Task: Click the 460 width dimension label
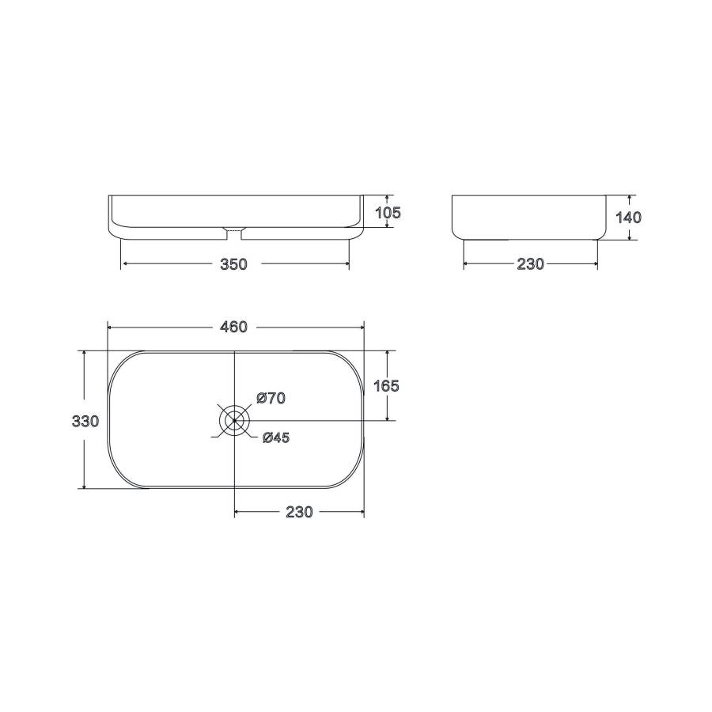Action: point(234,327)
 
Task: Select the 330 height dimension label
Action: point(85,422)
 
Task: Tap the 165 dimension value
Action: point(386,386)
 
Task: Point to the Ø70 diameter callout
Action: point(271,398)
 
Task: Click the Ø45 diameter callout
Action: point(276,437)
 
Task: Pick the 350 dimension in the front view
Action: point(233,264)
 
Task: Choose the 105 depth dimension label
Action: point(388,213)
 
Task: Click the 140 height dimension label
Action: point(628,218)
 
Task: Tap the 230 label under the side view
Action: point(530,263)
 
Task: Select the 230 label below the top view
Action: point(299,512)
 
